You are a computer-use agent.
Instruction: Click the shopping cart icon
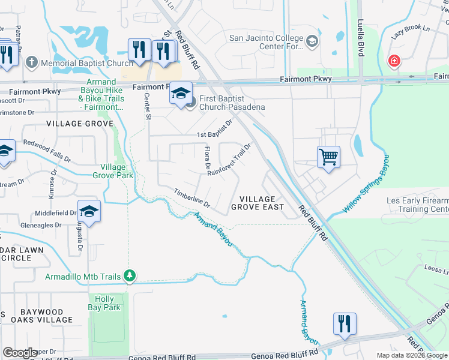[328, 157]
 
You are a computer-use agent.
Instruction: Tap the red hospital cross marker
[394, 61]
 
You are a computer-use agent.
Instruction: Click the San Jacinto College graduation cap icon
[312, 41]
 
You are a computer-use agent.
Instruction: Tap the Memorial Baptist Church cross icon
[31, 62]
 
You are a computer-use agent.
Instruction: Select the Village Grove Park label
[113, 171]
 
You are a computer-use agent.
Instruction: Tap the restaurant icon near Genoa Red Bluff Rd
[345, 324]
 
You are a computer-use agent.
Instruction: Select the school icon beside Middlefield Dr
[89, 212]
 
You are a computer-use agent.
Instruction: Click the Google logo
[20, 353]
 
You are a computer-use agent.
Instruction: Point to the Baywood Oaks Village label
[41, 316]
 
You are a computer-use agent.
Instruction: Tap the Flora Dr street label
[208, 157]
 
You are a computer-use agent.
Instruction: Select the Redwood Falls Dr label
[47, 151]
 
